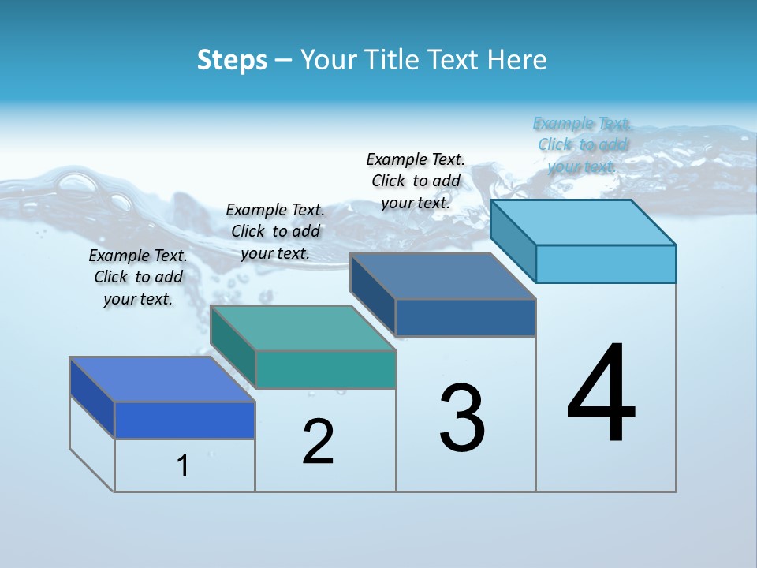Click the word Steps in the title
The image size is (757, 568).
click(x=232, y=60)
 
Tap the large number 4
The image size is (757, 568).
click(x=602, y=394)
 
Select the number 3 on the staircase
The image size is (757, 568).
click(x=462, y=418)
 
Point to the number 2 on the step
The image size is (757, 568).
click(x=318, y=442)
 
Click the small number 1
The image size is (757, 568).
click(x=183, y=465)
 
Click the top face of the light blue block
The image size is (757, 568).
click(x=584, y=222)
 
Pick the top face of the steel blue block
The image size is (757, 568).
click(x=443, y=276)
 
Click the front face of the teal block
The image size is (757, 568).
click(x=326, y=370)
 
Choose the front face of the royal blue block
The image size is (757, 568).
click(x=185, y=420)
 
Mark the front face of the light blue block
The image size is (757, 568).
click(x=606, y=263)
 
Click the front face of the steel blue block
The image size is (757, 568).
click(x=465, y=318)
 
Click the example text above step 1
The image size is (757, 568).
click(x=138, y=278)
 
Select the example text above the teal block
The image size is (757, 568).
click(x=275, y=232)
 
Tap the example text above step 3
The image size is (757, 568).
click(x=416, y=181)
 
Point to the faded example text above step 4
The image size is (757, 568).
click(x=583, y=145)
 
